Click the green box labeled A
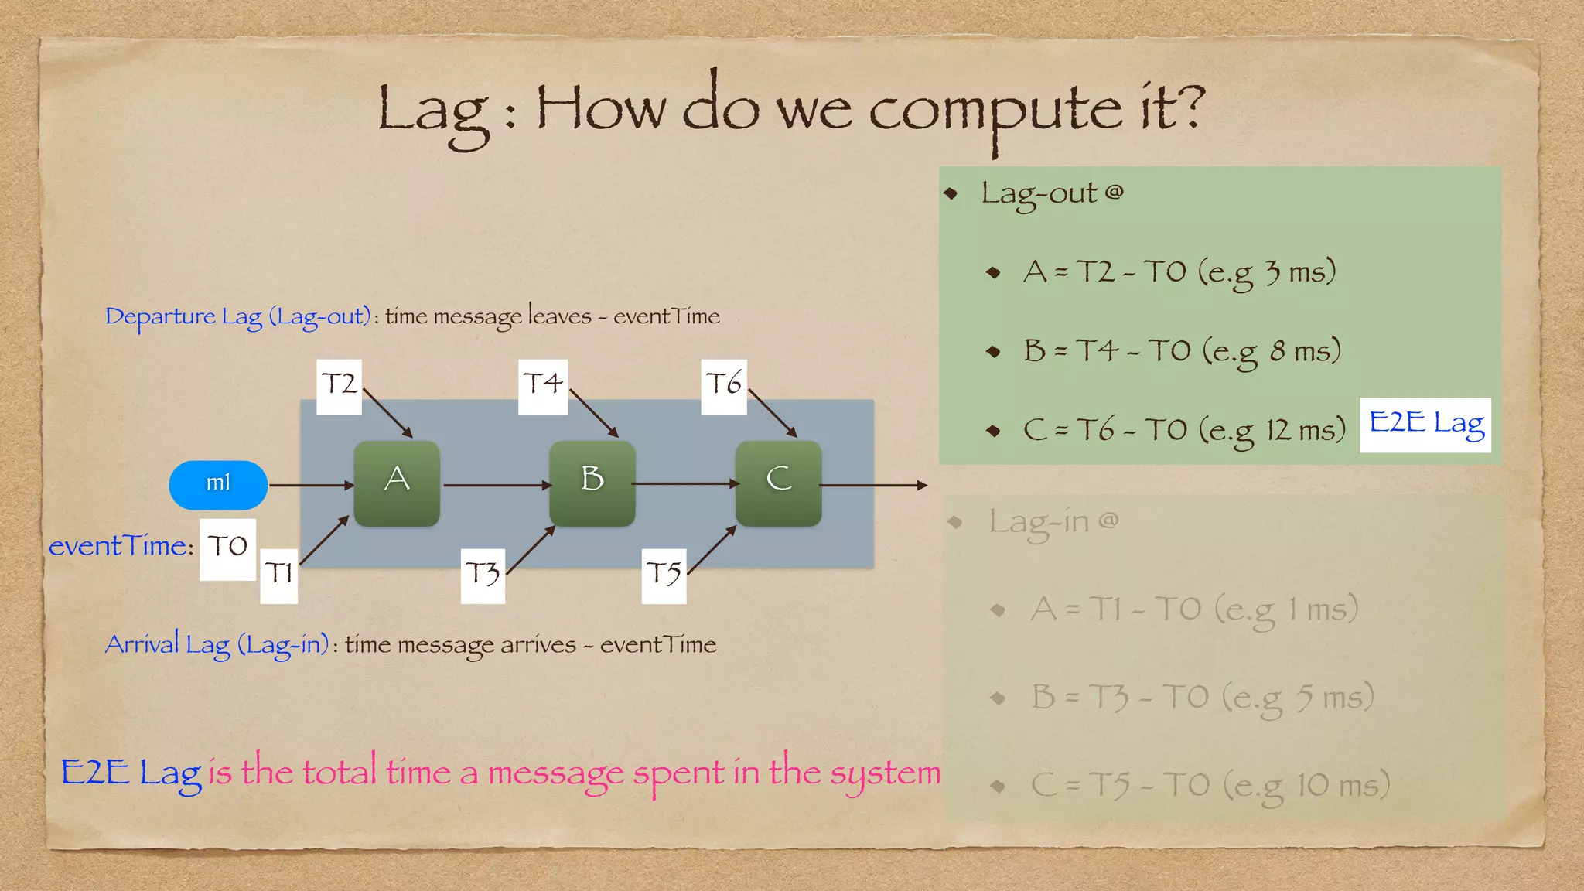(x=397, y=483)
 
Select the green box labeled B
(x=592, y=483)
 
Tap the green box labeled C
(x=778, y=483)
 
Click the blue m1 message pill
(x=218, y=485)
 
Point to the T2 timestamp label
(x=340, y=386)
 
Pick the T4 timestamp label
(x=543, y=386)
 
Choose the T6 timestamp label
(x=724, y=386)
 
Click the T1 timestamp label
(x=278, y=575)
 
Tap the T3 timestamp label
(x=483, y=575)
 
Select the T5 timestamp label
(x=664, y=575)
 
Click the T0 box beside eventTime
(x=227, y=549)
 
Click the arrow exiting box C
(x=874, y=485)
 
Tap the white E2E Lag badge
(x=1425, y=425)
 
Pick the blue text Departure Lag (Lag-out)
(x=238, y=317)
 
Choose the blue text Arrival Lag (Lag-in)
(x=217, y=645)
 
